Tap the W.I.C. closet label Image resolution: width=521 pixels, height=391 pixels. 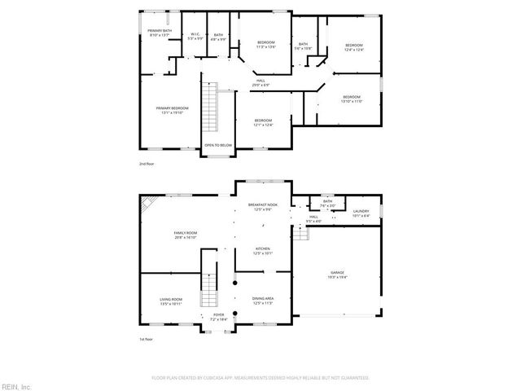pyautogui.click(x=195, y=35)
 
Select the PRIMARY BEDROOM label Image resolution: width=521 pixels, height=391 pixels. pyautogui.click(x=173, y=108)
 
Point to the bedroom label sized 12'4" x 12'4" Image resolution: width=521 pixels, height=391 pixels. pyautogui.click(x=353, y=46)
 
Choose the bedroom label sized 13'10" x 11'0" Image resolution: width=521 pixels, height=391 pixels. pyautogui.click(x=352, y=99)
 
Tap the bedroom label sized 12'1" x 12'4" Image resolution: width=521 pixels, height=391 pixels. pyautogui.click(x=263, y=122)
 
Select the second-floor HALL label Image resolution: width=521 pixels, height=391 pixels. pyautogui.click(x=261, y=81)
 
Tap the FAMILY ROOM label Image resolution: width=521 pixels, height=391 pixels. pyautogui.click(x=186, y=234)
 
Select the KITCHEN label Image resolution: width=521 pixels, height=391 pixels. pyautogui.click(x=262, y=250)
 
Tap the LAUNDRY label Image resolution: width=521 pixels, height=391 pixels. pyautogui.click(x=361, y=213)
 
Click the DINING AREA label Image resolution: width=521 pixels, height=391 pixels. pyautogui.click(x=262, y=300)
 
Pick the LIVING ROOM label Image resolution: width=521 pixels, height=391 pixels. pyautogui.click(x=171, y=301)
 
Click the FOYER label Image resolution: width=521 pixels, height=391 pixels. pyautogui.click(x=218, y=315)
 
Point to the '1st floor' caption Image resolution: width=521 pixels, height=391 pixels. pyautogui.click(x=147, y=339)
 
